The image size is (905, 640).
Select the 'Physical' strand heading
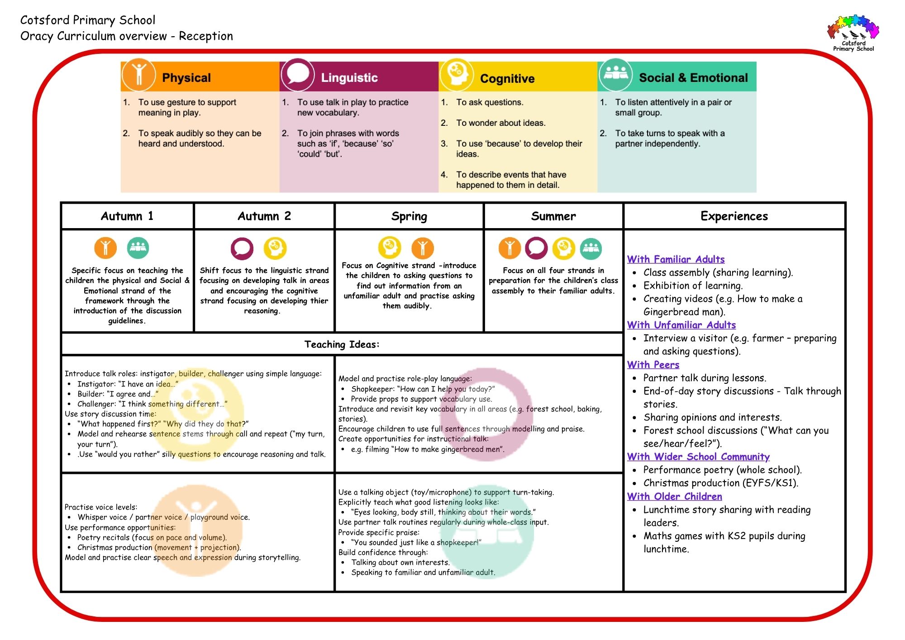(186, 78)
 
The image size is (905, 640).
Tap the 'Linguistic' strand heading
(349, 78)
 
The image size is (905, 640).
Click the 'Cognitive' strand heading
(507, 79)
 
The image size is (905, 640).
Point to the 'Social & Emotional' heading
(693, 78)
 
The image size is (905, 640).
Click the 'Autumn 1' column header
(127, 216)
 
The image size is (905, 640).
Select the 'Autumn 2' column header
(264, 216)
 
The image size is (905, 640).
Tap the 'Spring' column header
(409, 216)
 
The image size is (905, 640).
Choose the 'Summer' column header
(553, 216)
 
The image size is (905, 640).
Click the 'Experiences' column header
(734, 216)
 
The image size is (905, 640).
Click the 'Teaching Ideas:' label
(342, 344)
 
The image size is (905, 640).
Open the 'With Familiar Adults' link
(676, 259)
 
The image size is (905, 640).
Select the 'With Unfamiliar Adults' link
(681, 325)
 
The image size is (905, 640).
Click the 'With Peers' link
(653, 365)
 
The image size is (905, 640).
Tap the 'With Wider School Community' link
(698, 457)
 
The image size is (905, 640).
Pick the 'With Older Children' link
(674, 497)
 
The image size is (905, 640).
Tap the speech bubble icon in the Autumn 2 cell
(242, 248)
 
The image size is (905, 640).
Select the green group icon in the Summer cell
(591, 248)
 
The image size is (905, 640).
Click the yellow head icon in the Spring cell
(390, 248)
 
